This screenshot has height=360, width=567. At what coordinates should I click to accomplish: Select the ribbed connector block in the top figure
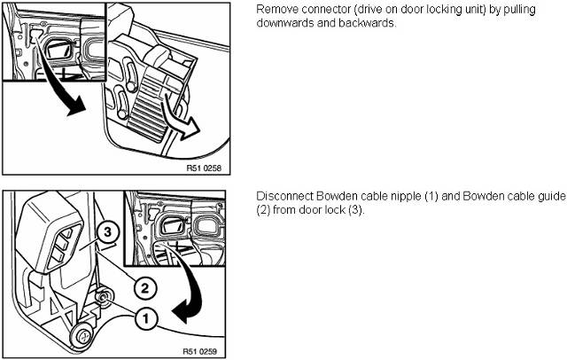pos(154,102)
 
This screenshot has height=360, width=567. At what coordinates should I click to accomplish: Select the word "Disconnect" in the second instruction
pos(283,196)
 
